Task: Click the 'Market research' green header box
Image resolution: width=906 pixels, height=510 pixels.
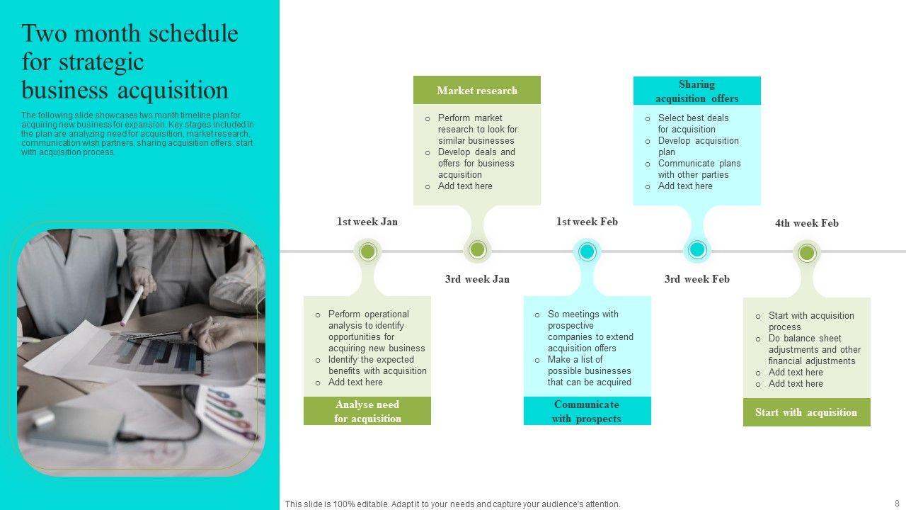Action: (x=476, y=91)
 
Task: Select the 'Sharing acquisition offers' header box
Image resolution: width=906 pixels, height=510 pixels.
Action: (x=696, y=91)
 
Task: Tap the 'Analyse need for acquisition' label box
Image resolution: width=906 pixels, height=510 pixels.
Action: (x=367, y=412)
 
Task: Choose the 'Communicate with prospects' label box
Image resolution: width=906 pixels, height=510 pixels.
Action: (x=587, y=412)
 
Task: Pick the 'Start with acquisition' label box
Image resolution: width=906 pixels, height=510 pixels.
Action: (x=806, y=412)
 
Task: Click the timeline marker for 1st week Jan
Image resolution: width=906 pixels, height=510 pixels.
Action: (x=367, y=251)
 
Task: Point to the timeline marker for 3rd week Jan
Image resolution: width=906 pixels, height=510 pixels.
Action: (x=477, y=250)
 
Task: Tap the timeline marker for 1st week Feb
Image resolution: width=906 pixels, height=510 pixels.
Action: (x=587, y=251)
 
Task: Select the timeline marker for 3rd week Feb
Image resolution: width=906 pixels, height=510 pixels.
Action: (x=697, y=250)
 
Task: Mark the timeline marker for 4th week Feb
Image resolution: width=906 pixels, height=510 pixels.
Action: (x=807, y=253)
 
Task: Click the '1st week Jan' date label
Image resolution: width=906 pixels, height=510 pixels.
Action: (x=367, y=222)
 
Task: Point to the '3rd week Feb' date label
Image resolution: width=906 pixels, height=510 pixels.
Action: (x=697, y=279)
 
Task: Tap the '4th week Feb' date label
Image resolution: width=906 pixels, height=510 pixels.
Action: (x=807, y=223)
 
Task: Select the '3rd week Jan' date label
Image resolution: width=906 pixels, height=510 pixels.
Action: (x=477, y=279)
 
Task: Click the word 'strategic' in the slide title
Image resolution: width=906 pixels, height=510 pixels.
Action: (x=83, y=62)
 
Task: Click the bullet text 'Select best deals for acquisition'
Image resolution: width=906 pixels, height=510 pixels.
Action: (x=693, y=123)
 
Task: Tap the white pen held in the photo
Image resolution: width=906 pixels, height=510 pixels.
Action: (x=132, y=305)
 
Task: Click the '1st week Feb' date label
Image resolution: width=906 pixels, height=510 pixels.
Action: (x=587, y=222)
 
